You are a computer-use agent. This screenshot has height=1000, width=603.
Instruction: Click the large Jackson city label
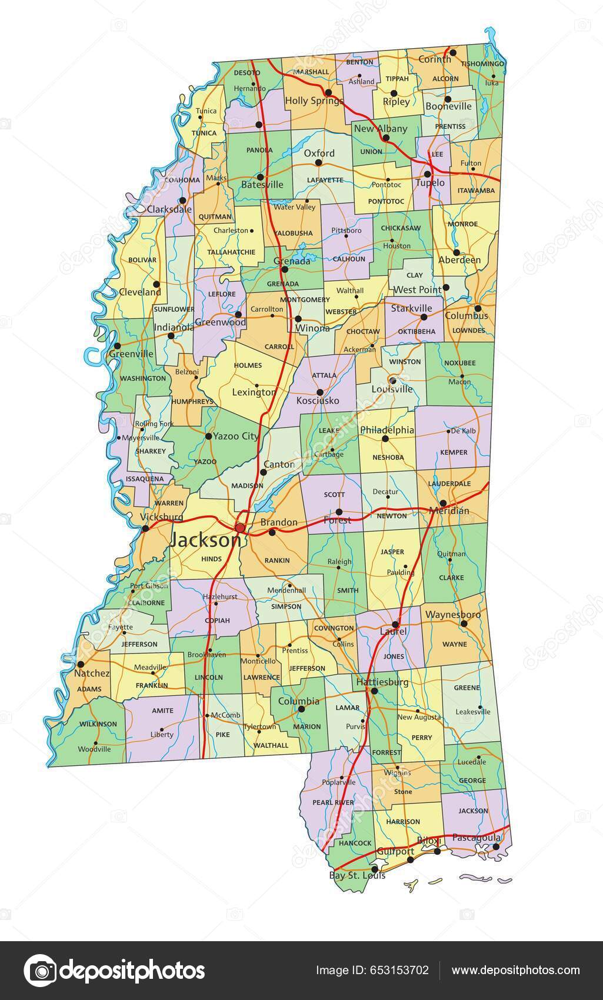(x=205, y=540)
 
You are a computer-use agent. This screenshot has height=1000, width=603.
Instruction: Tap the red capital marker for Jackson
(x=241, y=526)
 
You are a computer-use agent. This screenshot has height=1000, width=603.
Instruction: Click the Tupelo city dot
(x=428, y=174)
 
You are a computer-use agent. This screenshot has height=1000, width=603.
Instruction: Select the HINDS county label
(x=211, y=559)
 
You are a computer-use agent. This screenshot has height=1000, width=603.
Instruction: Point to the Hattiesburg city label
(x=382, y=682)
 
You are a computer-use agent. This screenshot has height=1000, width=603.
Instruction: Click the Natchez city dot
(x=79, y=664)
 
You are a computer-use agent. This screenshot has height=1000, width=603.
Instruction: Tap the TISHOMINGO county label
(x=482, y=64)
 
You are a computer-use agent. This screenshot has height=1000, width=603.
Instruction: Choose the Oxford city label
(x=319, y=153)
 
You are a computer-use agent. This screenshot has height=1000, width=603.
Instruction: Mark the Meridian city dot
(x=442, y=503)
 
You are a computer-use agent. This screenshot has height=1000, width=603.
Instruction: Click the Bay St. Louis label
(x=357, y=875)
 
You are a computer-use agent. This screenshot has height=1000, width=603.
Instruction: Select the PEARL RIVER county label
(x=333, y=802)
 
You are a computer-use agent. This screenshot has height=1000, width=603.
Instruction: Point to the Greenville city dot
(x=118, y=346)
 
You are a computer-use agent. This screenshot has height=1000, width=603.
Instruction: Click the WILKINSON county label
(x=98, y=724)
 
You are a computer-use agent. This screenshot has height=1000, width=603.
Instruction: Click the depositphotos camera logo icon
(x=40, y=971)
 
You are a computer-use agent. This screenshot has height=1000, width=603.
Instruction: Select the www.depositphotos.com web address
(x=515, y=971)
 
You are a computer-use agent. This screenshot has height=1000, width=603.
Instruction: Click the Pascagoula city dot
(x=496, y=846)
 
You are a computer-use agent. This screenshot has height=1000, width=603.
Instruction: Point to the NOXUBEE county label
(x=459, y=363)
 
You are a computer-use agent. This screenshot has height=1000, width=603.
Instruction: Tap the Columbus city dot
(x=478, y=308)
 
